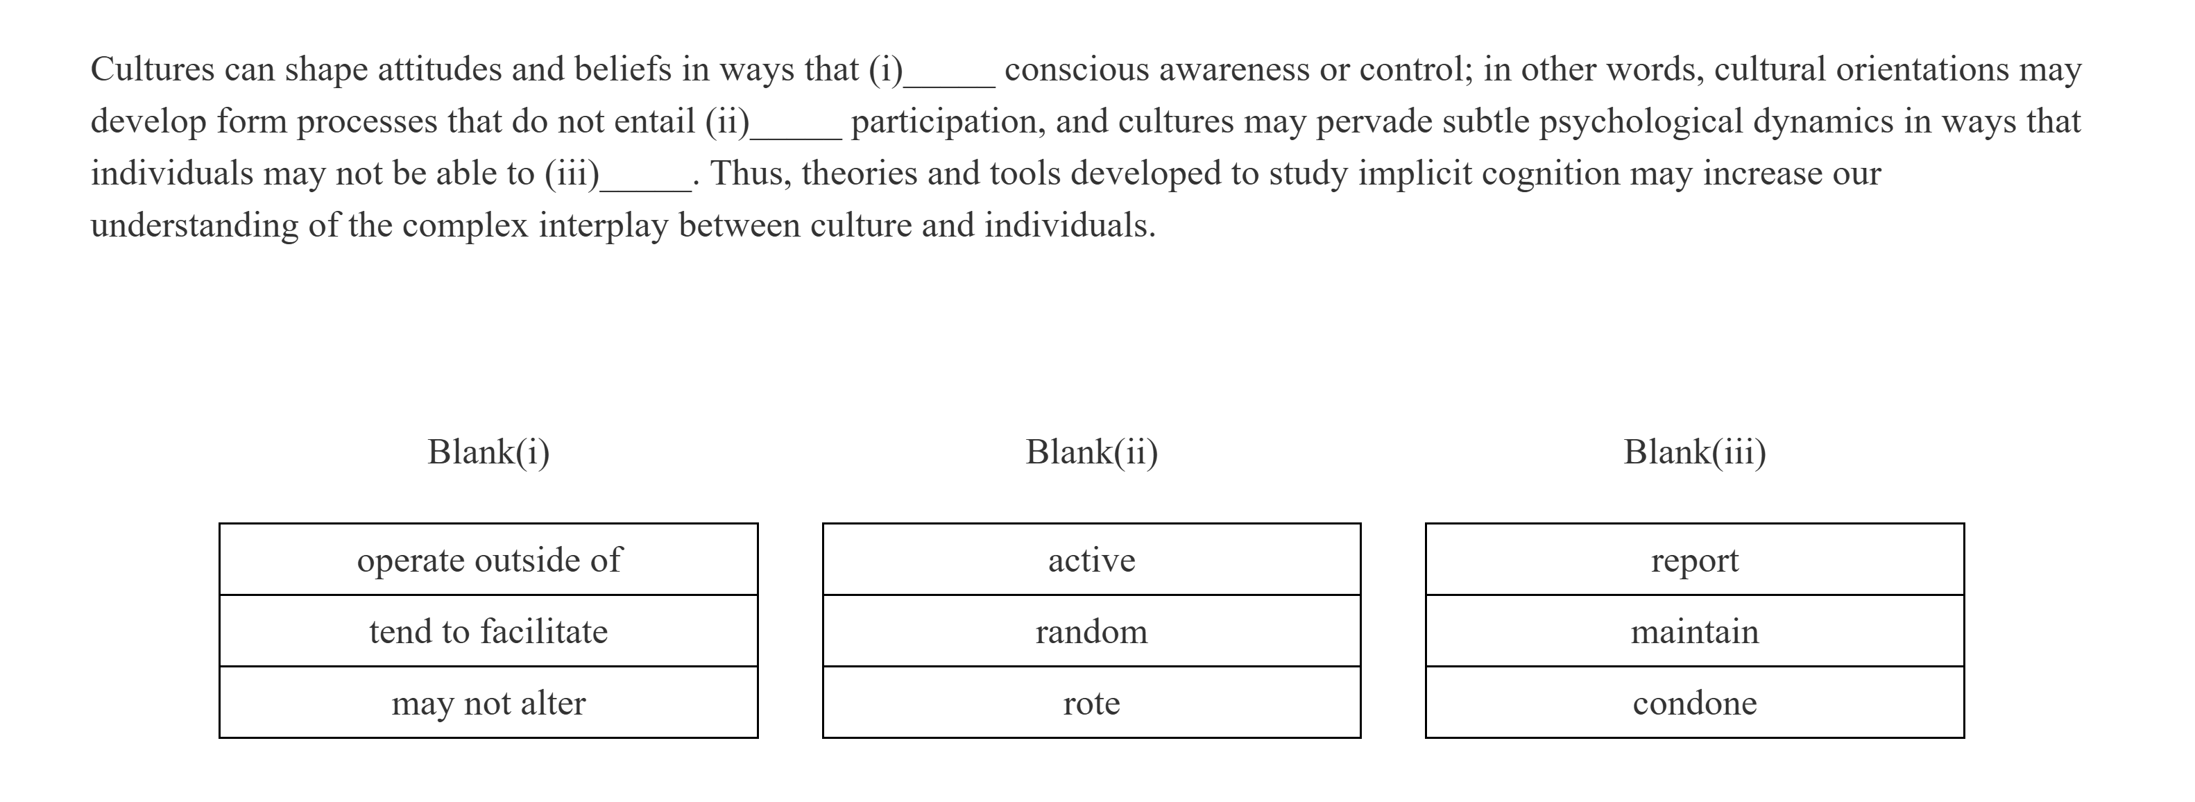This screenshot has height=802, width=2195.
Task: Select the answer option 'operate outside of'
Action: pyautogui.click(x=488, y=560)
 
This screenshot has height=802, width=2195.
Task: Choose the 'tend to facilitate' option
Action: pyautogui.click(x=488, y=631)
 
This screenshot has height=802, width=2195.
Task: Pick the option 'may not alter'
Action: pyautogui.click(x=488, y=703)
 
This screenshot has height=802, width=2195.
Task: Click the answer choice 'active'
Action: pyautogui.click(x=1091, y=560)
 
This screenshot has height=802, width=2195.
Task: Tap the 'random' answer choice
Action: pyautogui.click(x=1091, y=631)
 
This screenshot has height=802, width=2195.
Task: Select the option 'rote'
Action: pyautogui.click(x=1091, y=703)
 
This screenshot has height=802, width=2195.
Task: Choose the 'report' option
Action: pyautogui.click(x=1694, y=560)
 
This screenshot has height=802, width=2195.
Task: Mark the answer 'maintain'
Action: pyautogui.click(x=1694, y=631)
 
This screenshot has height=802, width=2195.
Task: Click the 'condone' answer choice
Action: pyautogui.click(x=1694, y=703)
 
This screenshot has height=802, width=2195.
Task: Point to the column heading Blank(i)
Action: pyautogui.click(x=488, y=452)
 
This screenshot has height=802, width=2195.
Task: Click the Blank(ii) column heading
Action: pyautogui.click(x=1091, y=452)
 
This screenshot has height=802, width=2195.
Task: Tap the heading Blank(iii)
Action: pyautogui.click(x=1694, y=452)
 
